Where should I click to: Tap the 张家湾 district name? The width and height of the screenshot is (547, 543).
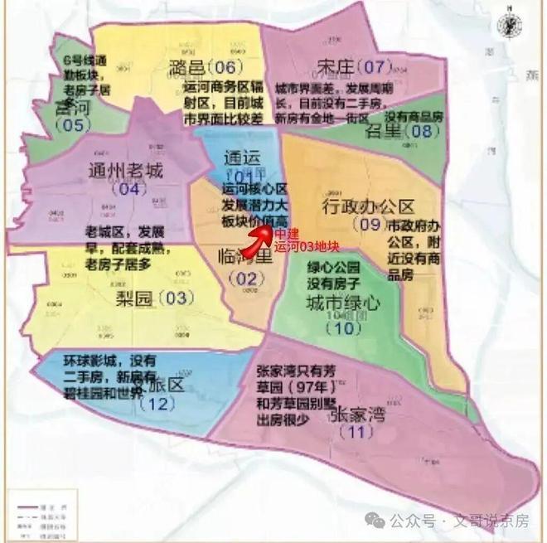coord(359,413)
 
